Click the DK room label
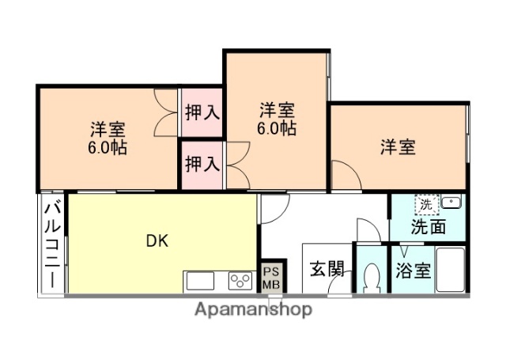click(157, 241)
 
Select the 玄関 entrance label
click(326, 269)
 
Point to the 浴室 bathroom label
click(413, 270)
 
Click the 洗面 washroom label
click(428, 227)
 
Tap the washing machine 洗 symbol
click(426, 204)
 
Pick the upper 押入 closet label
click(202, 112)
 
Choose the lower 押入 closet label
click(202, 164)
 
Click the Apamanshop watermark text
click(253, 309)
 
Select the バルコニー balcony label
click(52, 244)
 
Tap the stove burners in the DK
click(240, 281)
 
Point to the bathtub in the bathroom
click(451, 271)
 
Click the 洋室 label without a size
click(398, 147)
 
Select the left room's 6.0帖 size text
click(108, 147)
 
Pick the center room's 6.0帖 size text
click(276, 128)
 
